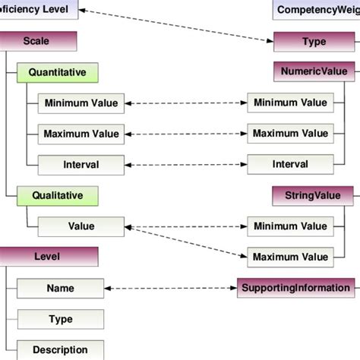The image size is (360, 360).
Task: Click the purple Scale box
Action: click(x=38, y=42)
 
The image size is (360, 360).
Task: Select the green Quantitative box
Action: click(x=57, y=73)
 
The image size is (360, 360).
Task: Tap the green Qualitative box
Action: click(x=57, y=195)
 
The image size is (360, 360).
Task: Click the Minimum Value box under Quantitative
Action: click(x=81, y=103)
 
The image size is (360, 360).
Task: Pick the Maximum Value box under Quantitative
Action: click(x=81, y=134)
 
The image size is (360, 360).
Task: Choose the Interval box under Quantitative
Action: click(x=81, y=164)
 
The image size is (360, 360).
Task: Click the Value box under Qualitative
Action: click(x=81, y=226)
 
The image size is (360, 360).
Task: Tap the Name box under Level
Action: click(x=61, y=288)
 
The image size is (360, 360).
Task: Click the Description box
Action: click(x=61, y=350)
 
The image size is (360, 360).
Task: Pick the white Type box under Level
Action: click(x=61, y=319)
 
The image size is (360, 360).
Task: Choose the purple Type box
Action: click(x=314, y=42)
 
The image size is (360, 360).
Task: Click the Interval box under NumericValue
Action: click(x=289, y=164)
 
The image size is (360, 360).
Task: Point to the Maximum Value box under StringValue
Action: click(x=289, y=257)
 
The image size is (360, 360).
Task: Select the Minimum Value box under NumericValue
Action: click(x=289, y=103)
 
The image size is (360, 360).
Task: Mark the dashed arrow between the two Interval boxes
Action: click(x=185, y=164)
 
